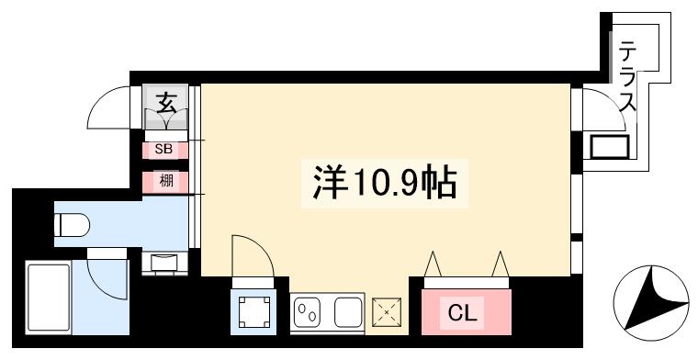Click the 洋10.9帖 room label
coord(380,184)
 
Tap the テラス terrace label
coord(628,77)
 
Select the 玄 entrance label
coord(166,103)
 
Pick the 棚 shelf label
coord(166,181)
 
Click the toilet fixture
coord(72,223)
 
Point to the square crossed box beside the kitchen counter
coord(387,313)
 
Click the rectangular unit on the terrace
coord(609,146)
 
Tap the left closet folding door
coord(433,265)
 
